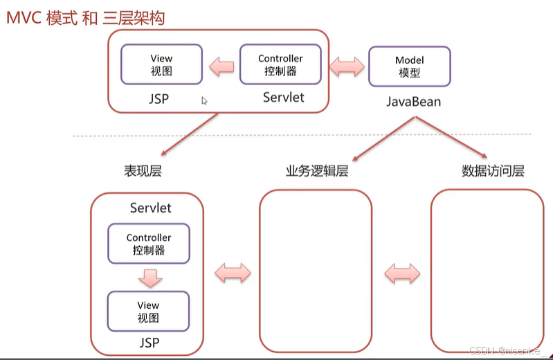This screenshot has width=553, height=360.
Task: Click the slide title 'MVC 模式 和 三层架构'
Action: coord(86,18)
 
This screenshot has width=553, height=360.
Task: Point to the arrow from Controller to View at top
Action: coord(221,66)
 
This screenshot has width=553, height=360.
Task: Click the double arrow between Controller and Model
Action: coord(347,66)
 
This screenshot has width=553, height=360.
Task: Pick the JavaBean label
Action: coord(414,102)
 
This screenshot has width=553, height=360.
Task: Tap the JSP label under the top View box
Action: coord(158,98)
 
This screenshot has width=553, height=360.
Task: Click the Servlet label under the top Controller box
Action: coord(284,97)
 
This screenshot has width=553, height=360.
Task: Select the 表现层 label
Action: coord(143,171)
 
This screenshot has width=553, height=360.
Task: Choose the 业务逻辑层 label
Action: coord(317,171)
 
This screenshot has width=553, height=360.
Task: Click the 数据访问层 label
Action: coord(493,171)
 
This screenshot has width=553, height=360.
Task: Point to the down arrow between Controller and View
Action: coord(150,278)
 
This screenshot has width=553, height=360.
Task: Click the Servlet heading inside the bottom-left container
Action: coord(151,208)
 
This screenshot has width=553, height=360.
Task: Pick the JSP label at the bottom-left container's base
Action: coord(149,343)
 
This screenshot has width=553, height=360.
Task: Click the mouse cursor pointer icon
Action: coord(204,100)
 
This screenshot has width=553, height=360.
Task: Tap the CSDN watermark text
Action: coord(505,350)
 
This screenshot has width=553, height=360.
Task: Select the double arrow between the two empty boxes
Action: coord(402,273)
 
